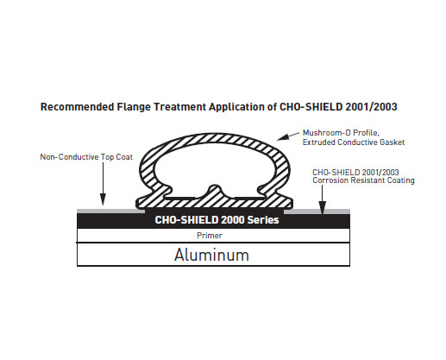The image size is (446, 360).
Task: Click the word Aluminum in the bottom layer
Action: point(211,255)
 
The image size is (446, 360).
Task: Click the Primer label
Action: point(210,236)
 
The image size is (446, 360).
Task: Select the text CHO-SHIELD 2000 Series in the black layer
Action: point(217,220)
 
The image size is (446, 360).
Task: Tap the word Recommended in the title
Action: point(78,107)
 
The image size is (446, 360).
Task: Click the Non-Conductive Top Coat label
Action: point(86,157)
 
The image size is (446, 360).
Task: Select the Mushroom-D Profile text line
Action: point(341,133)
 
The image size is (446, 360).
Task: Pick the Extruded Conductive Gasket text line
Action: point(354,142)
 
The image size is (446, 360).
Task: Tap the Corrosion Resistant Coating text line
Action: point(363,180)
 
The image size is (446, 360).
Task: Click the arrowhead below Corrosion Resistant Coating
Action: point(323,208)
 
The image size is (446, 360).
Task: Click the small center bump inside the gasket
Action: point(215,191)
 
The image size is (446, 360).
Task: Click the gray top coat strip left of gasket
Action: point(111,212)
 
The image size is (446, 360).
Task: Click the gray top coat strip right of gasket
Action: point(317,212)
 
